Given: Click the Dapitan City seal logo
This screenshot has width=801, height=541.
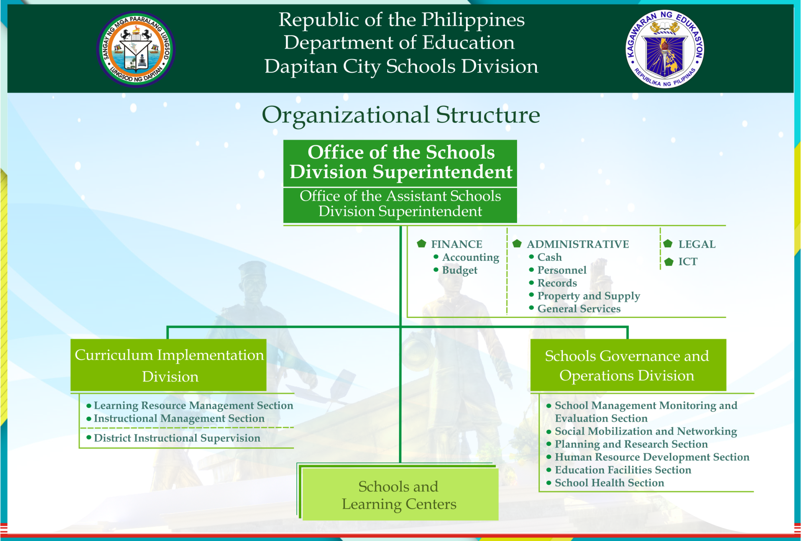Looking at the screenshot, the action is point(136,49).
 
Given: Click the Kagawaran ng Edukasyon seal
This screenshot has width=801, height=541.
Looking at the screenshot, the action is point(665,49).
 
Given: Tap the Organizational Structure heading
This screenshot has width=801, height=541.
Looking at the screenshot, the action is point(401,115).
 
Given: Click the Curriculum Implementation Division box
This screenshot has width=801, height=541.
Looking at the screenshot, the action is point(168,365).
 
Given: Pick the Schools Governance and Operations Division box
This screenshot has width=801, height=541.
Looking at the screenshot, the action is point(628,365).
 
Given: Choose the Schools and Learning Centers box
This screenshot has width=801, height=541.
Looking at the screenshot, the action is point(399,494).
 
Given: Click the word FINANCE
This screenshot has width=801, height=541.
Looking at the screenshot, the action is point(456,244).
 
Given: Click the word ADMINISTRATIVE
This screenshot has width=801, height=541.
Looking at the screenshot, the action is point(578,244).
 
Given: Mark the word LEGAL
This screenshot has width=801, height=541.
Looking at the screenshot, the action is point(697,244).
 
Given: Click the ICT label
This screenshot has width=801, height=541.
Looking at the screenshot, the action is point(688,262).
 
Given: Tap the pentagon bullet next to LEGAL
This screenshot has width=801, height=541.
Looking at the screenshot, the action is point(668,244).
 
